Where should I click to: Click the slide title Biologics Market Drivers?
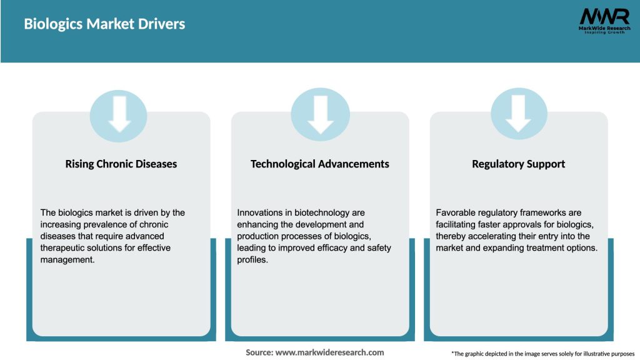(104, 24)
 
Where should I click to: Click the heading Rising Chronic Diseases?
(121, 164)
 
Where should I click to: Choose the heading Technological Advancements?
(320, 164)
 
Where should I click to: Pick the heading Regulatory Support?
(519, 164)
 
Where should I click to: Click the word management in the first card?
(67, 260)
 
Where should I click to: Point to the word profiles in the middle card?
(252, 260)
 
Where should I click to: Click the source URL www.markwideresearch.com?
(329, 352)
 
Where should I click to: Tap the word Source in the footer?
(258, 352)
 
